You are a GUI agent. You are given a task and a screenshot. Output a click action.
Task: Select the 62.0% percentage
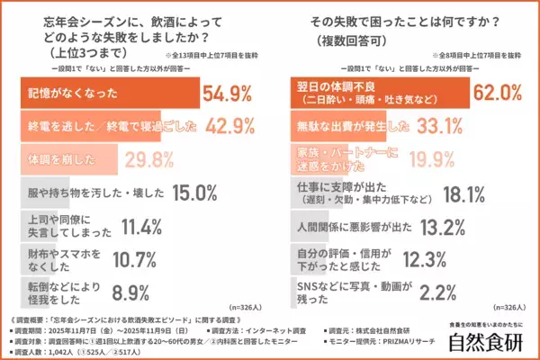click(499, 90)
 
